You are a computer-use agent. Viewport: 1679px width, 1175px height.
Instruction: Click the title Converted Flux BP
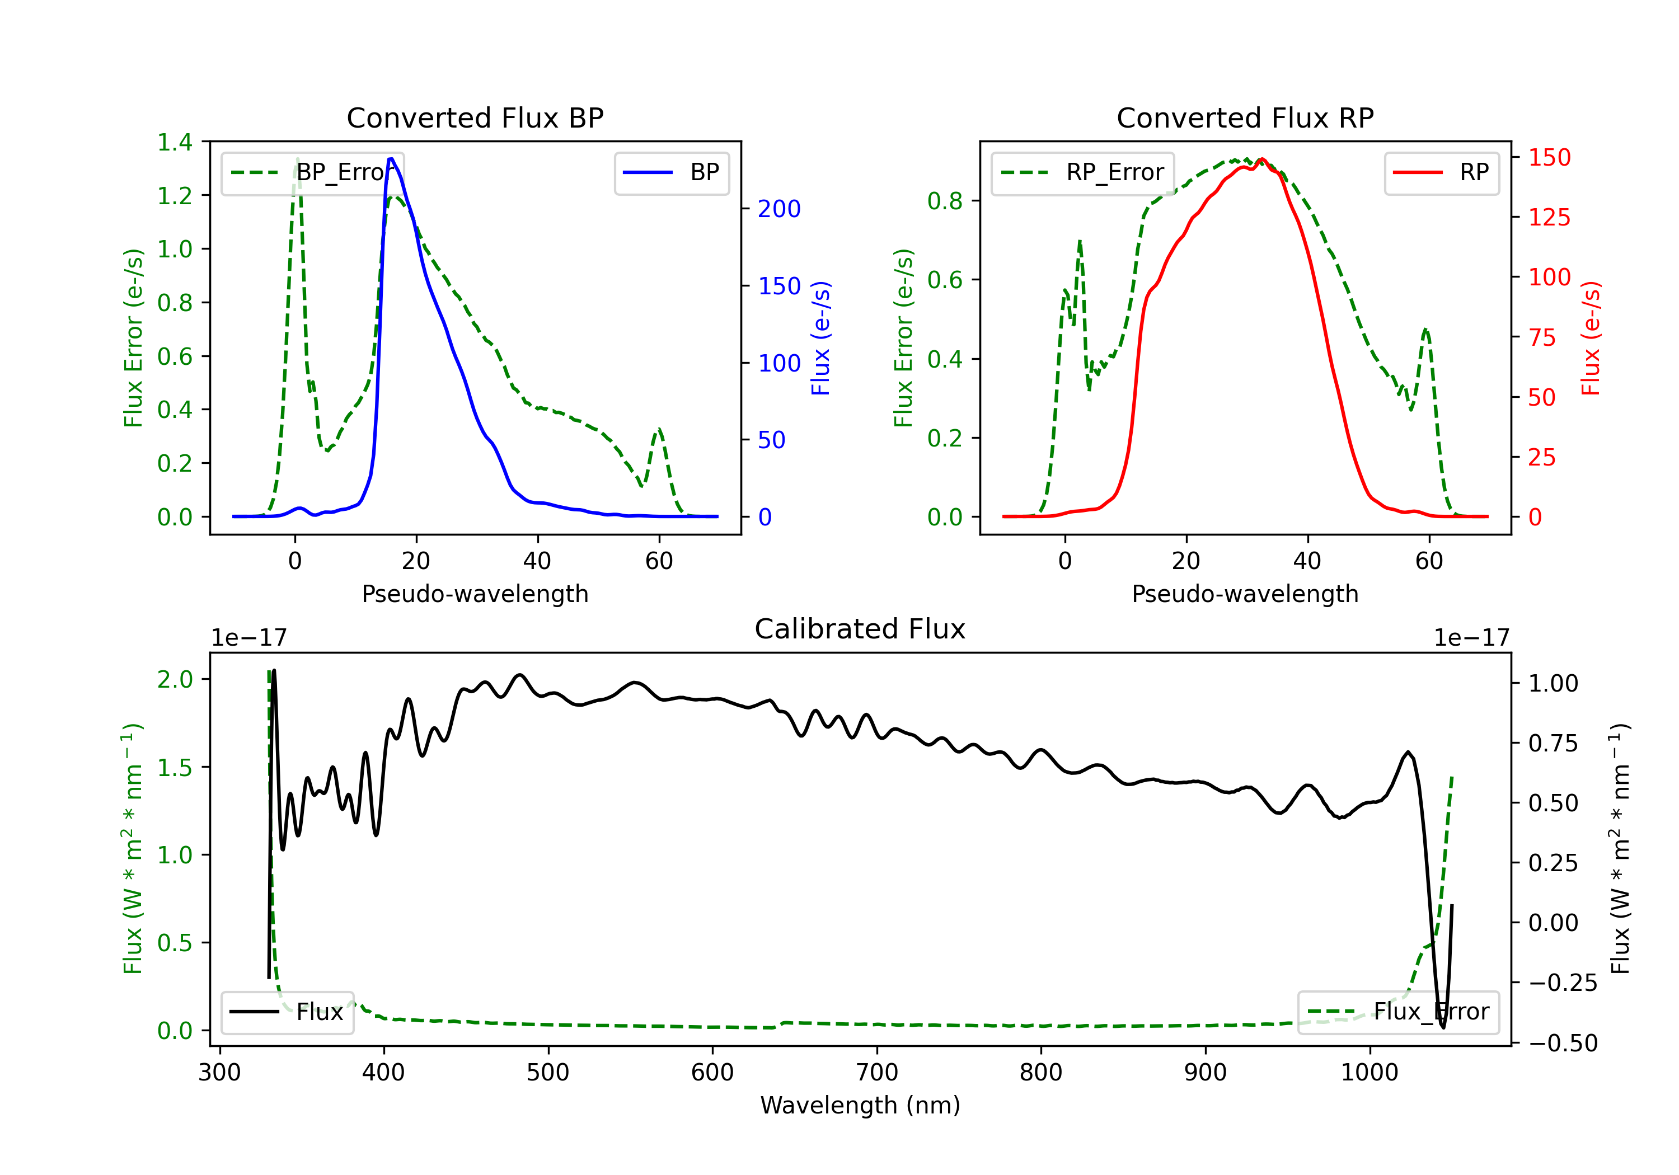point(475,117)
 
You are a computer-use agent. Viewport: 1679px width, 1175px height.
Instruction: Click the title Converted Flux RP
point(1245,117)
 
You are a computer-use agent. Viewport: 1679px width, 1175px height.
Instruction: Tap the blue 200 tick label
point(779,209)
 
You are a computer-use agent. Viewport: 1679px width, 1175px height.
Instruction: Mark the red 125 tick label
point(1549,217)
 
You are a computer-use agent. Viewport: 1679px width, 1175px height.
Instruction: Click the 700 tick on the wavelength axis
point(876,1073)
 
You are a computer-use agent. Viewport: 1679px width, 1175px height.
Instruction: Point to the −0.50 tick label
point(1562,1042)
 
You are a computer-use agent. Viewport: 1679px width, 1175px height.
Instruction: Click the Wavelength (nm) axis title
point(860,1105)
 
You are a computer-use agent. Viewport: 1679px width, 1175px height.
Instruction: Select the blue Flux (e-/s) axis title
point(820,339)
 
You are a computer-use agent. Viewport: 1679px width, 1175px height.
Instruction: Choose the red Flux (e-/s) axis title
point(1591,339)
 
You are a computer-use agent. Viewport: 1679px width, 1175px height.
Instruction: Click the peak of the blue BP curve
point(391,159)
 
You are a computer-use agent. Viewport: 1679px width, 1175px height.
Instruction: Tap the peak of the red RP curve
point(1262,159)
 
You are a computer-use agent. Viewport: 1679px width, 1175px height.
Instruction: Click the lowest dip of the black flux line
point(1443,1027)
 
